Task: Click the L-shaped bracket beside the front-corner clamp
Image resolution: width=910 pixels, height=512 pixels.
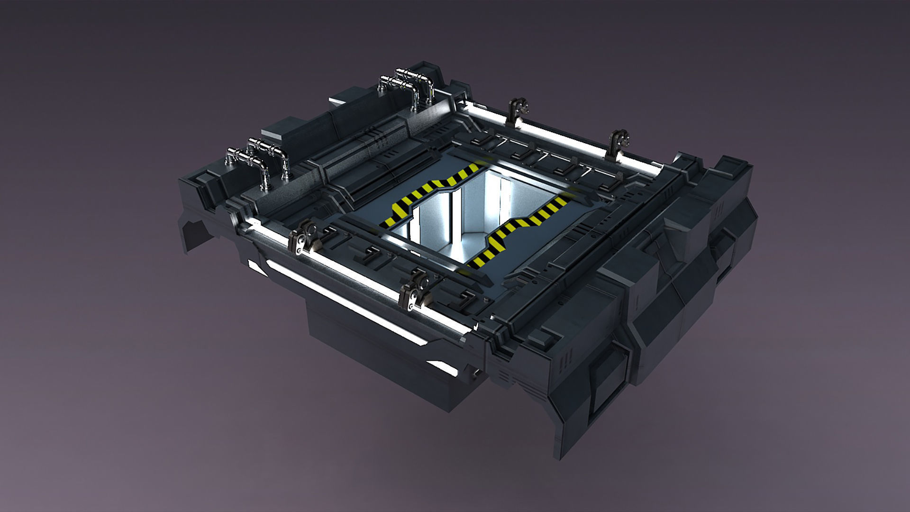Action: coord(464,297)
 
